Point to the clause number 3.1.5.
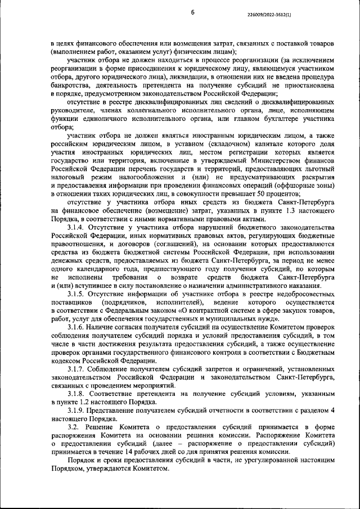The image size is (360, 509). coord(78,294)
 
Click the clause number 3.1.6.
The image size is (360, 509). coord(78,327)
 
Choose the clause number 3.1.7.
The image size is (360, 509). coord(78,370)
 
